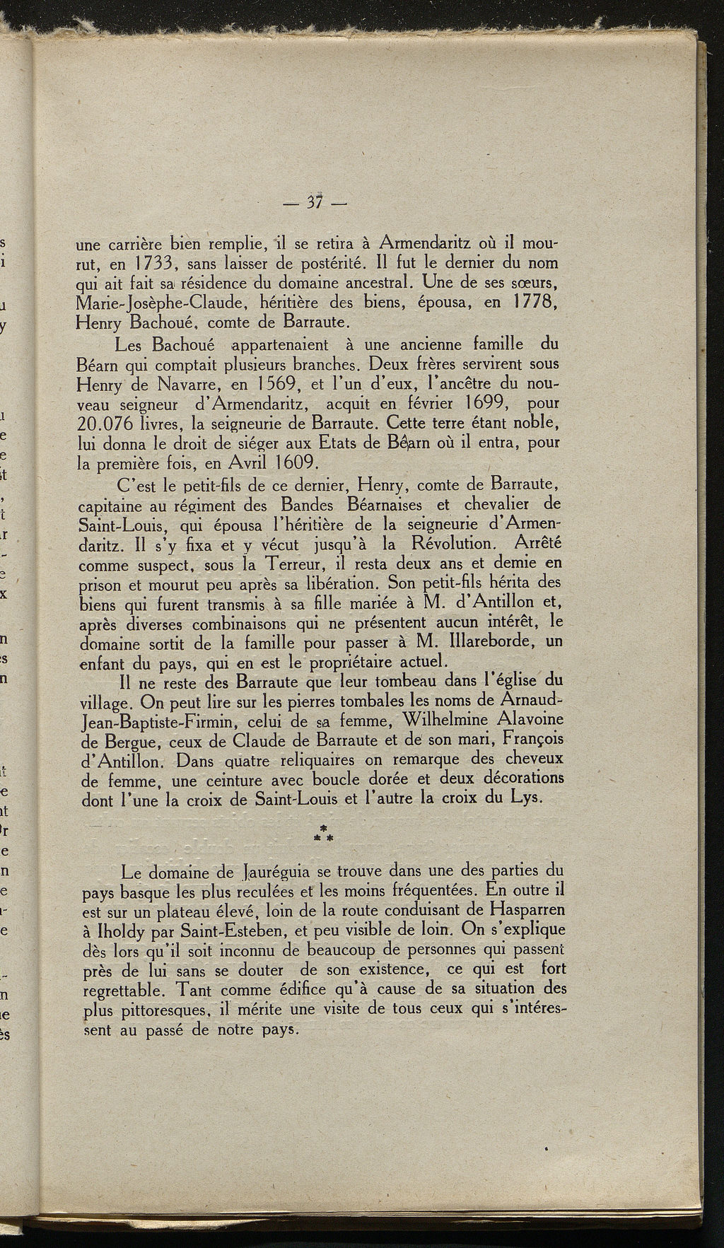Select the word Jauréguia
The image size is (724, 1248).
[x=281, y=872]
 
